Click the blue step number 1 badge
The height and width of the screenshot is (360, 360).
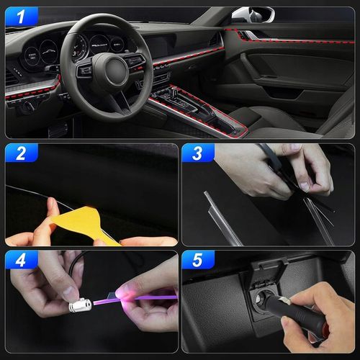point(22,17)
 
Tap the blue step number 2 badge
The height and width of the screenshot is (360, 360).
point(22,153)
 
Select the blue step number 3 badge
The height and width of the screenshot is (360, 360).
point(198,153)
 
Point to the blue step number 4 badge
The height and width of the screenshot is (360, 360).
point(22,260)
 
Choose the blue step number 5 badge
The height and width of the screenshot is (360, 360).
point(198,260)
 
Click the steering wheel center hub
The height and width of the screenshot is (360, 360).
point(117,70)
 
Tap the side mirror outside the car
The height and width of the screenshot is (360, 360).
point(253,14)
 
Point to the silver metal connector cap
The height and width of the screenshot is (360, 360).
point(80,305)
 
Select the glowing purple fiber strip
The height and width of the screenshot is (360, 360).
point(135,300)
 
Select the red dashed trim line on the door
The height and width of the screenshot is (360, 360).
point(288,38)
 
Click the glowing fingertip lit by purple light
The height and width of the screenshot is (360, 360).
point(124,294)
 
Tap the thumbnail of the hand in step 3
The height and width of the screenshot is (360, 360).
point(305,186)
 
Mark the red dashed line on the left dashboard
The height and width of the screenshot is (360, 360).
point(32,90)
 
